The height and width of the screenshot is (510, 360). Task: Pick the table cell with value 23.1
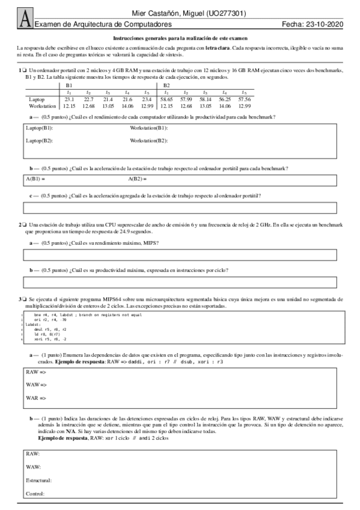tap(69, 99)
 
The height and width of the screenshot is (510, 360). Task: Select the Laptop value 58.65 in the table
tap(166, 99)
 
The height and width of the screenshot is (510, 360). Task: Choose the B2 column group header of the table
tap(167, 85)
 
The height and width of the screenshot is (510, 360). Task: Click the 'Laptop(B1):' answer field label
tap(39, 129)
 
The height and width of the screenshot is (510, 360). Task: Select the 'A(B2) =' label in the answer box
tap(138, 179)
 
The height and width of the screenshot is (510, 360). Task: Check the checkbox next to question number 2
tap(25, 224)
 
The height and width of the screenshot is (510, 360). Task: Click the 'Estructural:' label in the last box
tap(38, 480)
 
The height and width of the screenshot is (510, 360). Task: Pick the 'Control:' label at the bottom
tap(35, 494)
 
